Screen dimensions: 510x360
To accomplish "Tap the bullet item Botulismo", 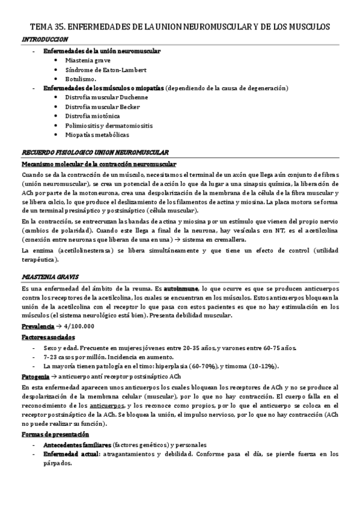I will (x=81, y=79).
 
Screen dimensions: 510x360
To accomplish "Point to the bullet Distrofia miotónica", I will (x=93, y=116).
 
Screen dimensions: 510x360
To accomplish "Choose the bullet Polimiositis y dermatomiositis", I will (x=109, y=126).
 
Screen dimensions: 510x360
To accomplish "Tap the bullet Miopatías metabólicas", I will (x=97, y=135).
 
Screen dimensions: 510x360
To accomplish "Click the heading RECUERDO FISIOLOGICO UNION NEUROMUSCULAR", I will (x=95, y=153).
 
